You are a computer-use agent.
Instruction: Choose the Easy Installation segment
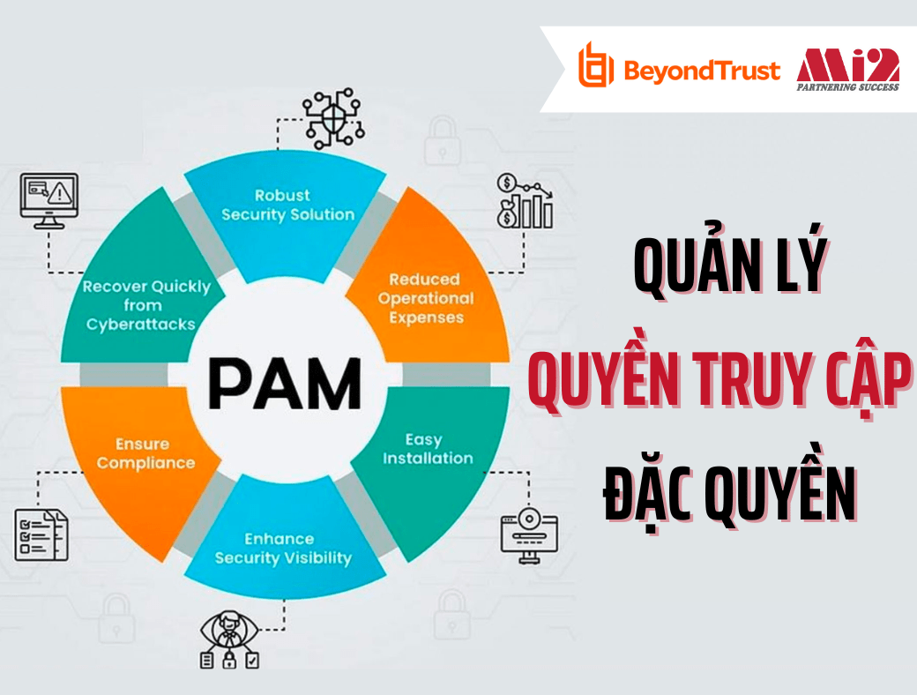click(x=428, y=449)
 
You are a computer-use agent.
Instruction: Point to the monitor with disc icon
click(x=529, y=528)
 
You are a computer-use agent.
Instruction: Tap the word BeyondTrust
click(x=702, y=70)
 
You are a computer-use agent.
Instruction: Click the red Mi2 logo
click(x=847, y=64)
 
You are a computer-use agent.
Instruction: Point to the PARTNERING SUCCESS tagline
click(x=847, y=87)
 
